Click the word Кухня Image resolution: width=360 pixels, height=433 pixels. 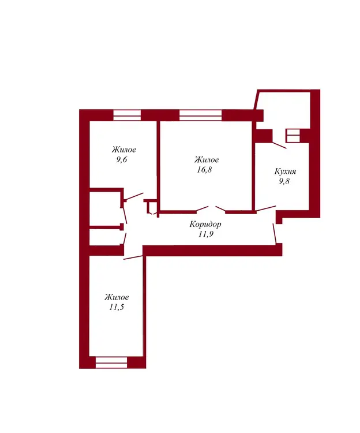[x=285, y=171]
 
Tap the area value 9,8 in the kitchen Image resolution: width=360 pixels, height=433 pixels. [x=284, y=181]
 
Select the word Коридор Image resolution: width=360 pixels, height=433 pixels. [x=205, y=224]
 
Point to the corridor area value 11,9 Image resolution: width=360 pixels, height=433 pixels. [x=205, y=234]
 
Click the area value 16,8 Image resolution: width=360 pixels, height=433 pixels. [x=204, y=170]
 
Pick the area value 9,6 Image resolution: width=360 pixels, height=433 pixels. [x=121, y=159]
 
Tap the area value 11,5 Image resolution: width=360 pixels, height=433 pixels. [x=116, y=307]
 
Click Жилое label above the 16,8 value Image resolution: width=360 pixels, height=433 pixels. [x=207, y=159]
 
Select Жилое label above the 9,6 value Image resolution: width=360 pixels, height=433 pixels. [x=124, y=150]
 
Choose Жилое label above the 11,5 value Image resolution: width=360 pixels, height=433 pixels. [x=117, y=297]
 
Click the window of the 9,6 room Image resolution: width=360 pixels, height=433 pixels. [x=127, y=115]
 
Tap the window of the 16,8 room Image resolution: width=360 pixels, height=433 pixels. [x=201, y=115]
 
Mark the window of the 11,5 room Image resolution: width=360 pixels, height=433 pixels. [x=111, y=363]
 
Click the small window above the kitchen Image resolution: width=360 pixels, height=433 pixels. [x=292, y=136]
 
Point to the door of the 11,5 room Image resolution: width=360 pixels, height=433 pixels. [x=133, y=257]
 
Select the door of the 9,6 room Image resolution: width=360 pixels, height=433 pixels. [x=133, y=196]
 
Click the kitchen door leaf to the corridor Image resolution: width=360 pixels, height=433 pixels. [x=266, y=209]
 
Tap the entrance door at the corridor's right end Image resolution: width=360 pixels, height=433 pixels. [x=275, y=234]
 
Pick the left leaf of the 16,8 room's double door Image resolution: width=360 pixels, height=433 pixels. [x=202, y=209]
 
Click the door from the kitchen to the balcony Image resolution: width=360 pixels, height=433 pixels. [x=279, y=145]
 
